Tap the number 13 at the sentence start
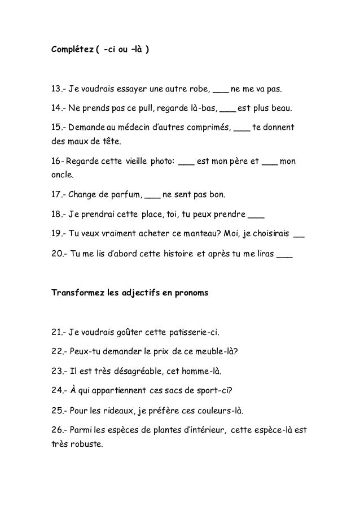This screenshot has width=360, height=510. (56, 89)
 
